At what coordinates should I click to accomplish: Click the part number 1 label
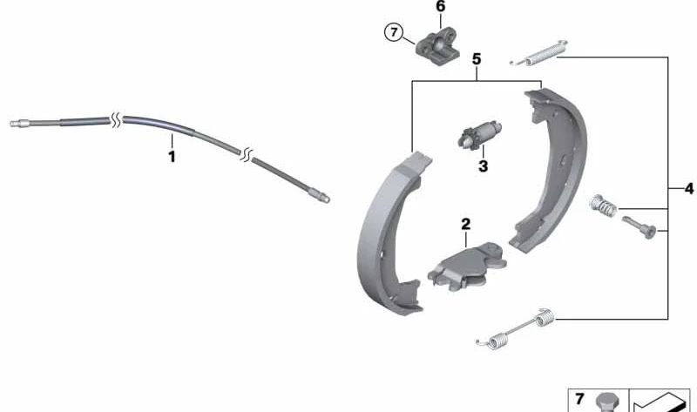point(172,157)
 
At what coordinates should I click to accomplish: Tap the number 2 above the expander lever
point(465,224)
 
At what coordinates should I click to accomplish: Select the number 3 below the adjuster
point(484,166)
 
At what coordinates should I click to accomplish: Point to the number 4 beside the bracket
point(688,189)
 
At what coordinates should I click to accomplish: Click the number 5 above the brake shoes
point(477,59)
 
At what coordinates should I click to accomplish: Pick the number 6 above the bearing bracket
point(440,7)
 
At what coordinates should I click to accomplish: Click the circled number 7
point(394,32)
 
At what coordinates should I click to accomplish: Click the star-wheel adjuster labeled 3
point(479,135)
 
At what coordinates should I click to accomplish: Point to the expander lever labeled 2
point(467,267)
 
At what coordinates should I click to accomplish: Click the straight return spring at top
point(538,53)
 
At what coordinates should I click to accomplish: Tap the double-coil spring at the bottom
point(516,329)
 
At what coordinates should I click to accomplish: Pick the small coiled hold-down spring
point(603,206)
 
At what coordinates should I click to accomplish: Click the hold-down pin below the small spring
point(639,226)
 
